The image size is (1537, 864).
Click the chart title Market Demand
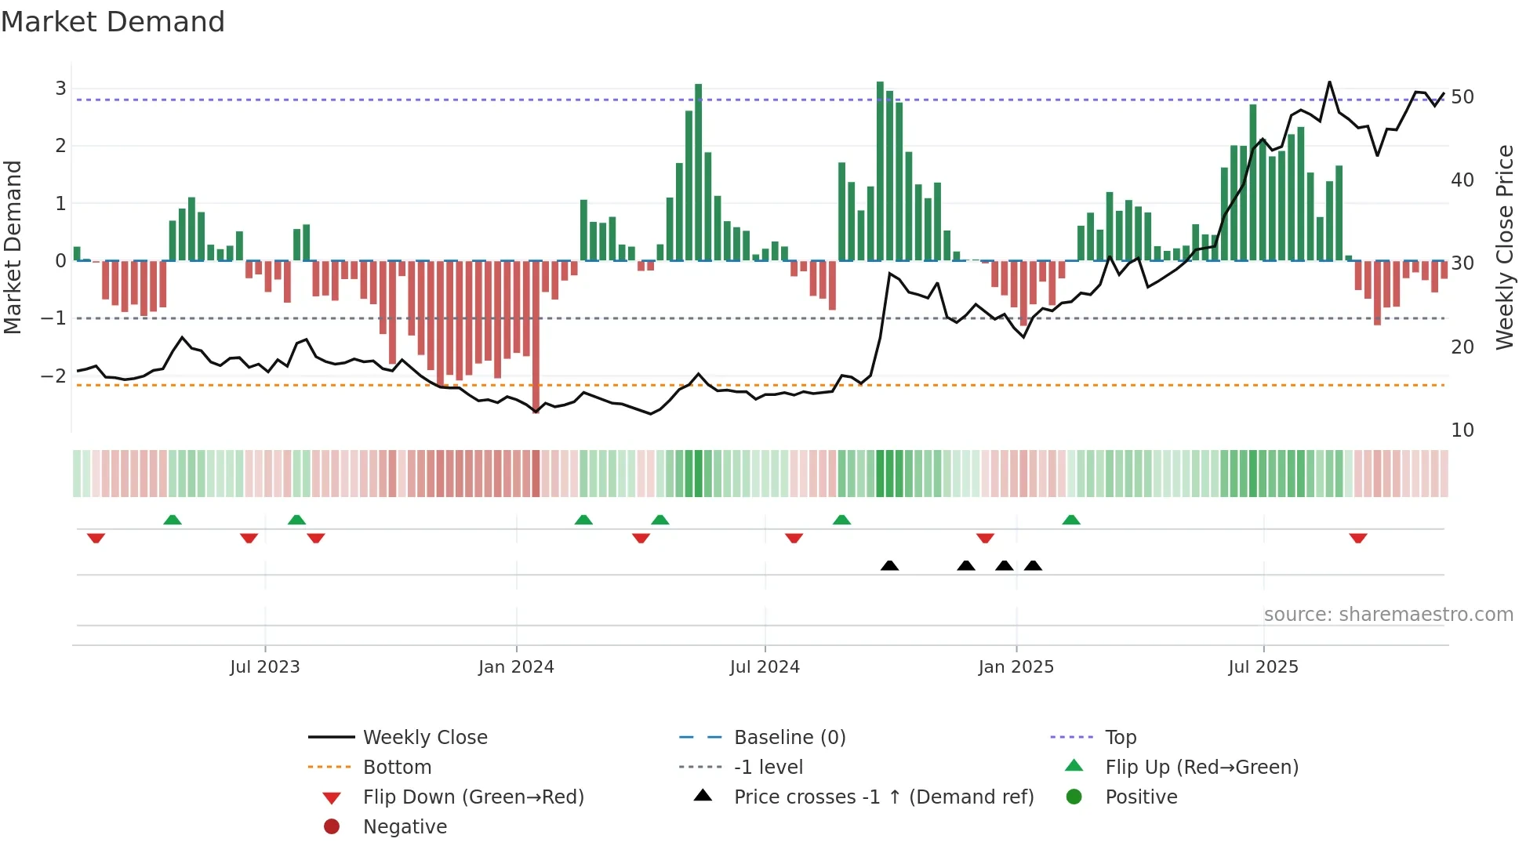click(x=113, y=22)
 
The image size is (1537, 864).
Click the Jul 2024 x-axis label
click(x=765, y=667)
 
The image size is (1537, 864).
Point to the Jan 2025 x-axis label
click(x=1016, y=667)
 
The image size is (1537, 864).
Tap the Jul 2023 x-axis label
click(x=265, y=667)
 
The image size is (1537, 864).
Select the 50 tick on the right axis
click(x=1462, y=97)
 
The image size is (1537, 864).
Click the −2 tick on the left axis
click(x=54, y=376)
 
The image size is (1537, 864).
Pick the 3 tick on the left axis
click(x=60, y=88)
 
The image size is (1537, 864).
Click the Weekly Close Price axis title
click(x=1504, y=247)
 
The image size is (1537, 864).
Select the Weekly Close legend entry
click(x=424, y=738)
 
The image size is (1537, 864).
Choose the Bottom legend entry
click(x=397, y=768)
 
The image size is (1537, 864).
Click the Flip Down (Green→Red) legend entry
click(x=473, y=797)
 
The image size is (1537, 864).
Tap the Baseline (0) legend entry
click(x=789, y=738)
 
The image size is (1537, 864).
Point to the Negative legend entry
click(x=405, y=827)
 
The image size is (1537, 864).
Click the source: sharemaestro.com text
click(x=1388, y=615)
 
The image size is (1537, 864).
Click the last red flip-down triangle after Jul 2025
click(x=1358, y=538)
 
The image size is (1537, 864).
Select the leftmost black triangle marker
click(x=889, y=565)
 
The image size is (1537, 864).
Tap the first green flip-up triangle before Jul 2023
click(x=173, y=519)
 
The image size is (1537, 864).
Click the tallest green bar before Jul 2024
click(x=698, y=172)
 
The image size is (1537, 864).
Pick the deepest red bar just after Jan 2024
click(x=536, y=337)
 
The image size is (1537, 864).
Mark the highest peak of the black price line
click(x=1329, y=82)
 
